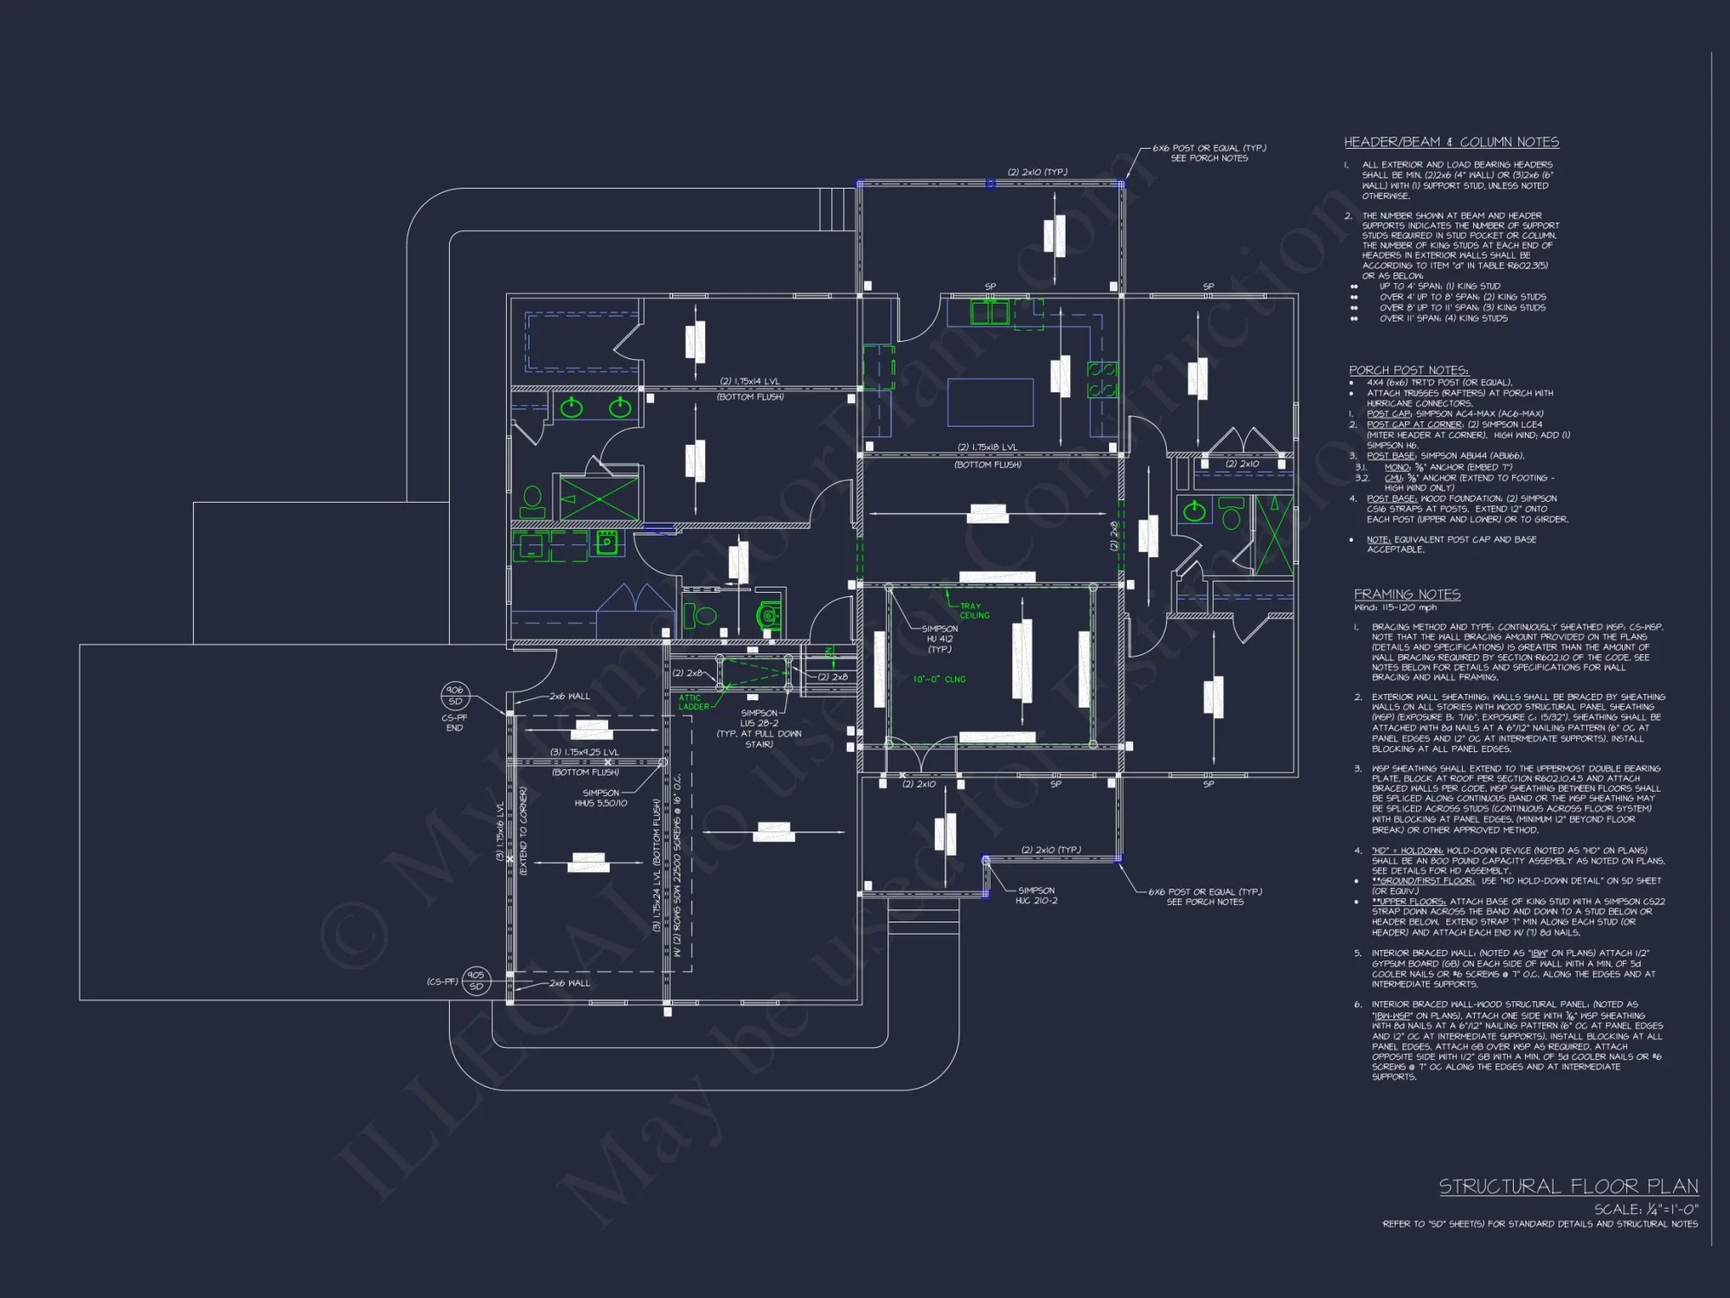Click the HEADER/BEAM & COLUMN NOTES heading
(1451, 142)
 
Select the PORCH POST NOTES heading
(1408, 369)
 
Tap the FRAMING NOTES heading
(1406, 594)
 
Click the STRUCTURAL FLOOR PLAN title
(1568, 1186)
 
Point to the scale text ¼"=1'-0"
(1647, 1209)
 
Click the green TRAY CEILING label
(974, 611)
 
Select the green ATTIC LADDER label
(693, 702)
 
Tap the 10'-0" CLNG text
(939, 679)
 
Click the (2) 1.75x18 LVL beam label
(987, 447)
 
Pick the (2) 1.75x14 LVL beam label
(750, 382)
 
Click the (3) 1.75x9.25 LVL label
(585, 752)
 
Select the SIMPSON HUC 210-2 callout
(1035, 895)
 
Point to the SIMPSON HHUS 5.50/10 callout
(600, 798)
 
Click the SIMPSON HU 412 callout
(939, 639)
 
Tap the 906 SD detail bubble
(454, 696)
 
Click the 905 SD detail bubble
(475, 980)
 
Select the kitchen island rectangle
(991, 402)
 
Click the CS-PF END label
(454, 723)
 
